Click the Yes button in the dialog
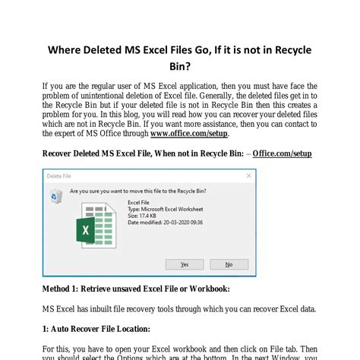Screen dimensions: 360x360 185,264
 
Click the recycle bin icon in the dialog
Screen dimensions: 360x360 55,196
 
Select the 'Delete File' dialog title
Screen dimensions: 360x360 59,175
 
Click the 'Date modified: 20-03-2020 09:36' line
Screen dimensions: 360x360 164,223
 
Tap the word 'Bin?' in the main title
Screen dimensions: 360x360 180,71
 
